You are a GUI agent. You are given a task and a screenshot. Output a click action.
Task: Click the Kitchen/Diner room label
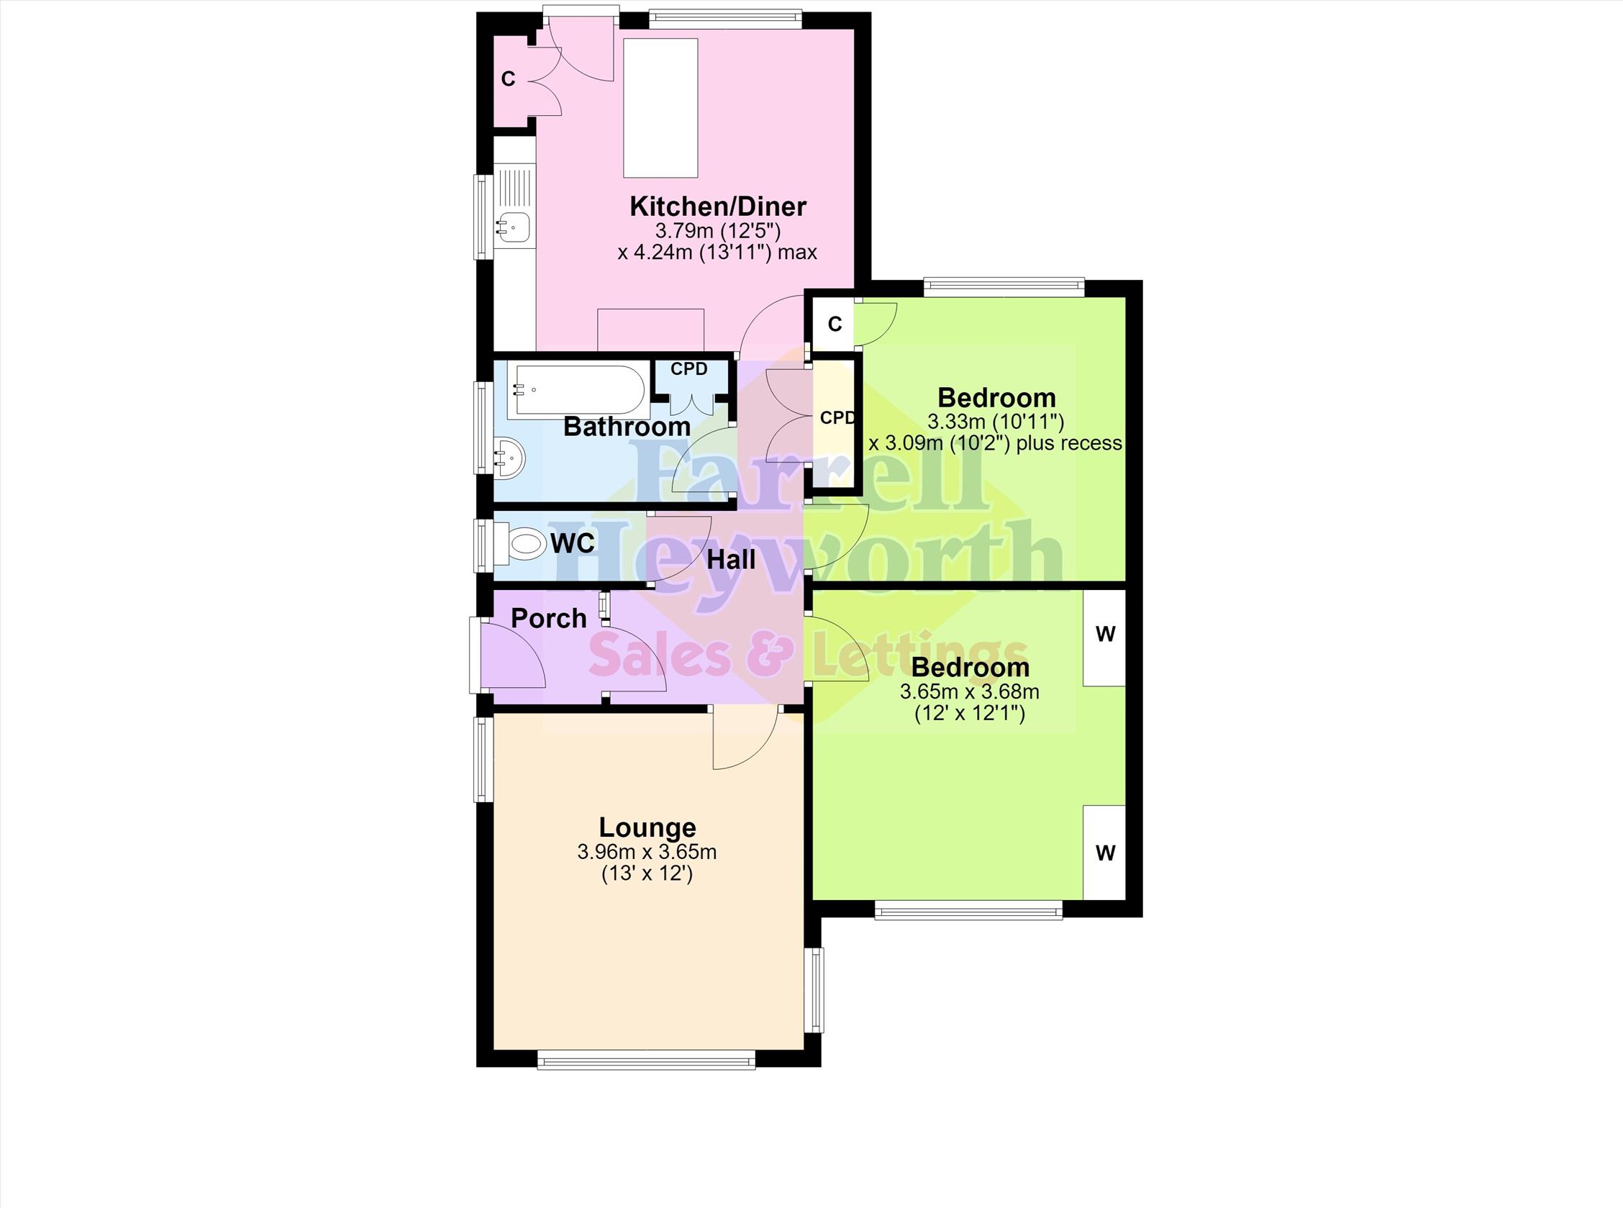pyautogui.click(x=718, y=207)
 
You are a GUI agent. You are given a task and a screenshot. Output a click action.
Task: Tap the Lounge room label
pyautogui.click(x=647, y=828)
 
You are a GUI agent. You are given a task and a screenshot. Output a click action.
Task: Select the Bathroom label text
pyautogui.click(x=627, y=427)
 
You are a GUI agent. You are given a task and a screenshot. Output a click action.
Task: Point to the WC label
pyautogui.click(x=573, y=543)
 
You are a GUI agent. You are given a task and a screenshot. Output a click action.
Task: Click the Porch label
pyautogui.click(x=548, y=619)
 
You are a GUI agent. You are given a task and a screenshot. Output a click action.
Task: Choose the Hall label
pyautogui.click(x=731, y=561)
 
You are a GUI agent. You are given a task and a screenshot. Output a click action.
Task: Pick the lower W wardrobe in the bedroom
pyautogui.click(x=1103, y=853)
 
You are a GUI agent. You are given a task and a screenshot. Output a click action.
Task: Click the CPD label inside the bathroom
pyautogui.click(x=688, y=369)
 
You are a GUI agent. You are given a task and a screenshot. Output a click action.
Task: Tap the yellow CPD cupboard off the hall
pyautogui.click(x=835, y=423)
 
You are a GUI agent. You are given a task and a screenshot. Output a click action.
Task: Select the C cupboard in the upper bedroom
pyautogui.click(x=835, y=323)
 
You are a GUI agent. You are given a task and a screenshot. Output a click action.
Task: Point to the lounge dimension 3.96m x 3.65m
pyautogui.click(x=647, y=852)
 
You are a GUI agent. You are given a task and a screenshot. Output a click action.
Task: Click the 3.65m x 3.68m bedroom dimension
pyautogui.click(x=970, y=691)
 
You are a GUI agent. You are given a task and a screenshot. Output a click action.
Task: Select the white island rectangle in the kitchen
pyautogui.click(x=660, y=108)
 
